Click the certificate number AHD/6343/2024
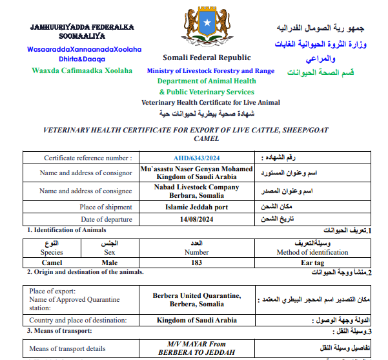[197, 158]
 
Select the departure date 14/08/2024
[197, 220]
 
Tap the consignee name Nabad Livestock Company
[197, 187]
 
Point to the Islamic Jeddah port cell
[197, 207]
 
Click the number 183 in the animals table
[197, 262]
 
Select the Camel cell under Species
[52, 262]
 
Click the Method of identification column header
[312, 253]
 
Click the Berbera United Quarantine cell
[197, 295]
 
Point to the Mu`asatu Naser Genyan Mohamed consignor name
[197, 169]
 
